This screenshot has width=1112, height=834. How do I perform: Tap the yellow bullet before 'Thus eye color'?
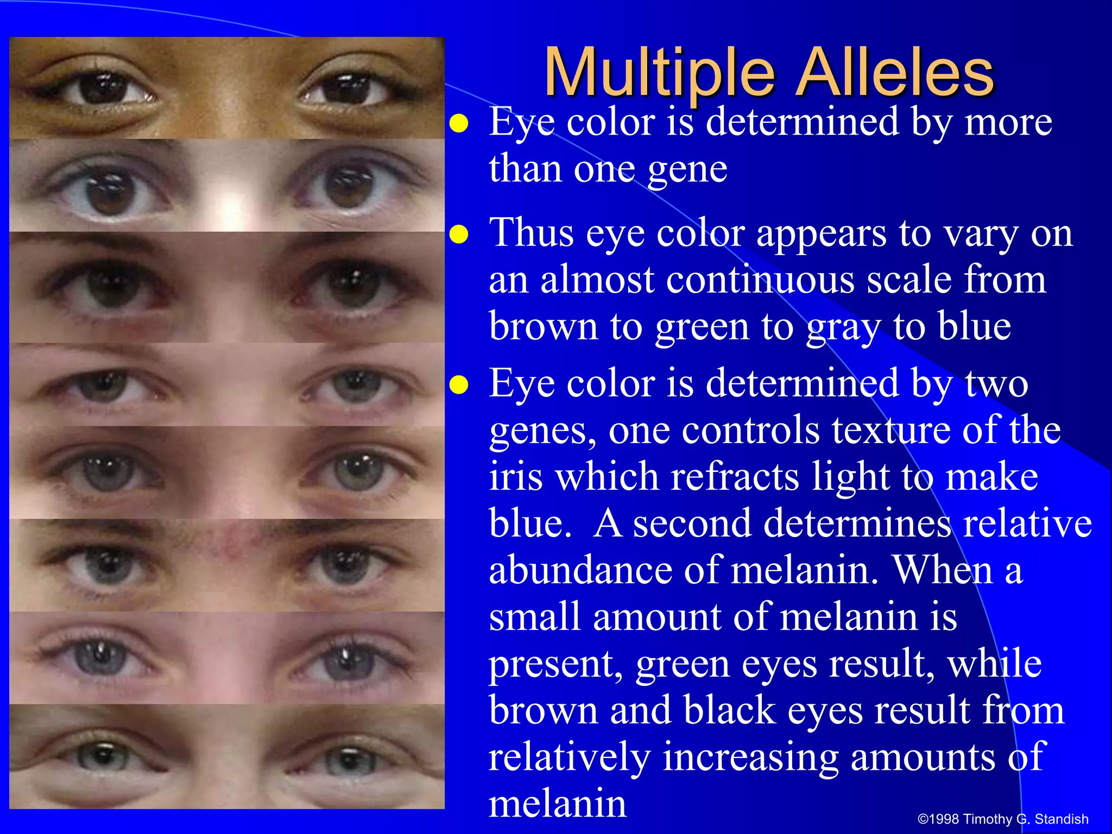459,235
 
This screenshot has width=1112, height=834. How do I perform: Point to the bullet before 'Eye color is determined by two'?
459,385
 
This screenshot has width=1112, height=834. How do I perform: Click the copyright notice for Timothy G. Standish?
1002,819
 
